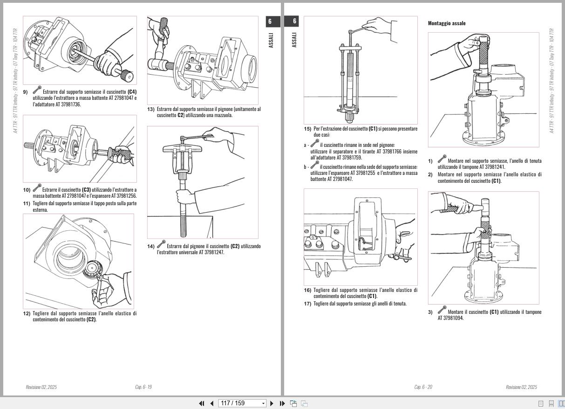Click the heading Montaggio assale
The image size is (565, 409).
coord(446,23)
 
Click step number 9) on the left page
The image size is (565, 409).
coord(26,92)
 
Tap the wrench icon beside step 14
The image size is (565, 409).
coord(161,244)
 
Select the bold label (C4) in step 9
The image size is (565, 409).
coord(132,92)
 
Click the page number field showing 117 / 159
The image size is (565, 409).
coord(242,403)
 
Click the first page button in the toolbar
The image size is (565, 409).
coord(202,403)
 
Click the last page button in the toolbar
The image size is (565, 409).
coord(282,403)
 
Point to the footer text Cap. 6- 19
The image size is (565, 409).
coord(143,387)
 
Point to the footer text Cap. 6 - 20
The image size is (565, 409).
coord(423,387)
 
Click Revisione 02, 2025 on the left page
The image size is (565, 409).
coord(41,387)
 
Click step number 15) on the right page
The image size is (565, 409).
coord(307,129)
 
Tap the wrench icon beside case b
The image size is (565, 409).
coord(315,165)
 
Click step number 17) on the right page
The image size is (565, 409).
coord(307,304)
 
